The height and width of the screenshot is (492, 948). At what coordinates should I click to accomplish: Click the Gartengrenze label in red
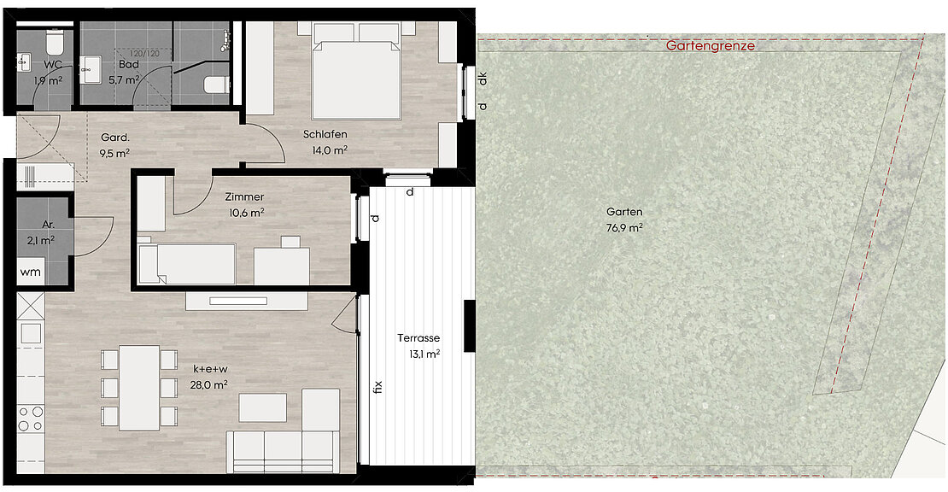[x=711, y=46]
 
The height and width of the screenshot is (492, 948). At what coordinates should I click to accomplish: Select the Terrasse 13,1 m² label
[x=418, y=346]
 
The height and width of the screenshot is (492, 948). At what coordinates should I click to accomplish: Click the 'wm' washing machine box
[x=30, y=272]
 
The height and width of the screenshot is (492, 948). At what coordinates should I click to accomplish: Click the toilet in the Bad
[x=216, y=85]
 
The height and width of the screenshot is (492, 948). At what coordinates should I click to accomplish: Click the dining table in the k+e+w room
[x=139, y=388]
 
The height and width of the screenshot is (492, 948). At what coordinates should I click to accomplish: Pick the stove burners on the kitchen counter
[x=30, y=419]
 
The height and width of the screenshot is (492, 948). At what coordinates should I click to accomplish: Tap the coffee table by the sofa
[x=262, y=407]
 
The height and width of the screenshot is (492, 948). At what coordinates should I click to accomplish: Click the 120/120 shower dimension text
[x=144, y=54]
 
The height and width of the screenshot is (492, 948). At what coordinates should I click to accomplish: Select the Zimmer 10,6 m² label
[x=245, y=204]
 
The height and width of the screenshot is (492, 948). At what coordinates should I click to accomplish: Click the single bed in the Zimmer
[x=186, y=263]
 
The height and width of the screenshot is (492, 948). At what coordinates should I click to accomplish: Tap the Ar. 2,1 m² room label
[x=41, y=232]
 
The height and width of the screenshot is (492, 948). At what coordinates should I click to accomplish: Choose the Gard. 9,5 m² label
[x=115, y=145]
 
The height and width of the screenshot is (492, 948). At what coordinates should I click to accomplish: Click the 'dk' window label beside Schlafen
[x=483, y=79]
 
